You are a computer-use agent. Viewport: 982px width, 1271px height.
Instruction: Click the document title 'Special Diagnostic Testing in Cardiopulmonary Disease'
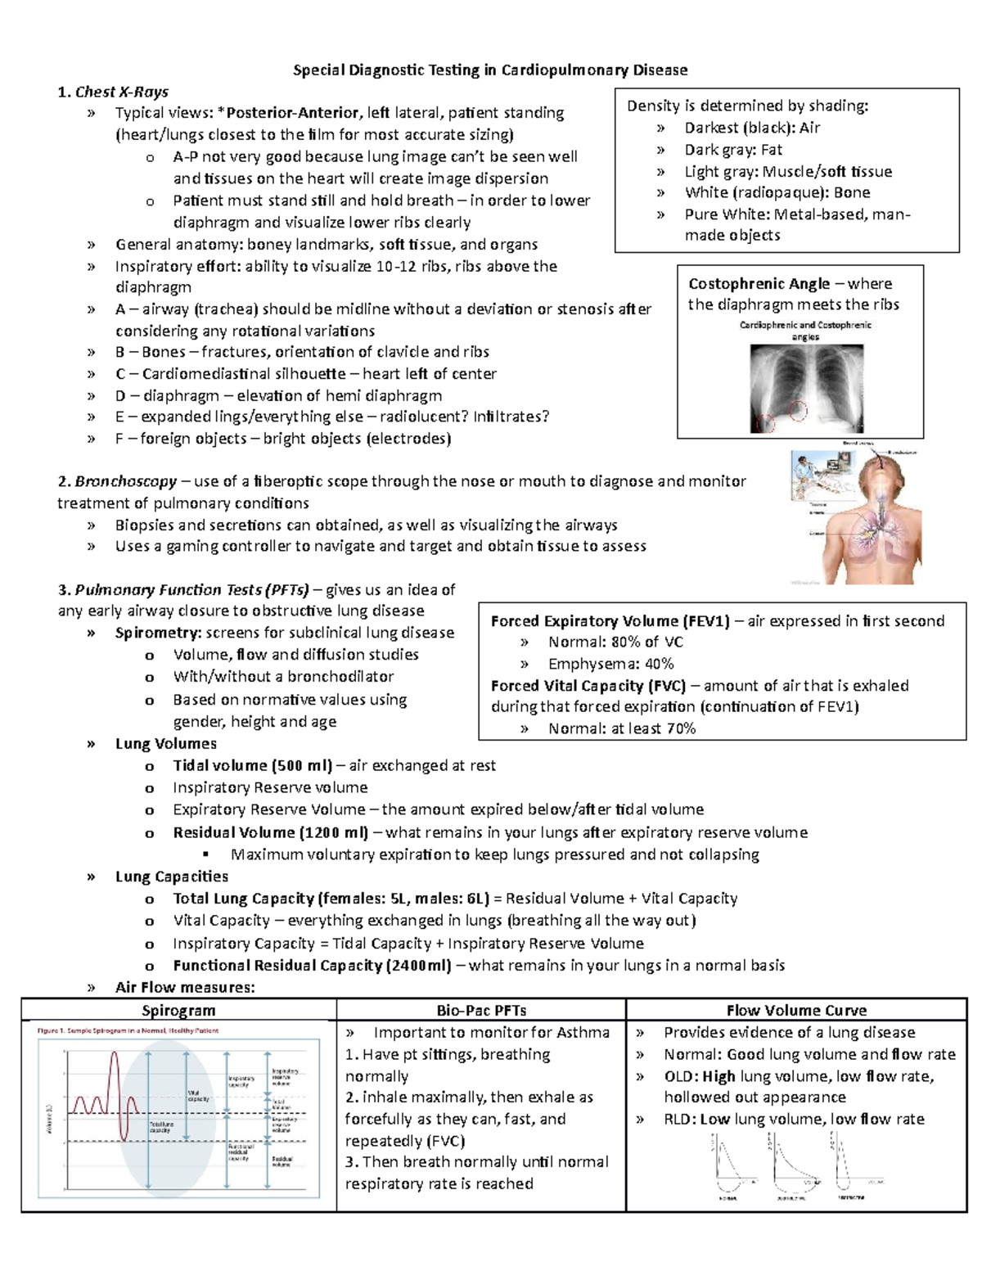pos(490,70)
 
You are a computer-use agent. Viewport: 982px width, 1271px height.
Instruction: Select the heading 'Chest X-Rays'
pos(121,92)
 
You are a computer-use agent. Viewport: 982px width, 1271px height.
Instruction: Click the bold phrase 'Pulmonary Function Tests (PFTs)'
pos(191,589)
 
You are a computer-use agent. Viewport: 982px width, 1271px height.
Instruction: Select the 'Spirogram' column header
pos(178,1010)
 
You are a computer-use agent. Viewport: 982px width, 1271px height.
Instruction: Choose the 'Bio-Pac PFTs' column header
pos(481,1010)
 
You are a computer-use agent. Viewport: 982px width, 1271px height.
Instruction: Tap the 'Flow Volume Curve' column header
pos(796,1010)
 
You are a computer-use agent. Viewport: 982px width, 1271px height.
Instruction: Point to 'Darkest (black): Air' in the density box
pos(751,128)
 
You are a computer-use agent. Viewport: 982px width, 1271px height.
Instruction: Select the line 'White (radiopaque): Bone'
pos(777,192)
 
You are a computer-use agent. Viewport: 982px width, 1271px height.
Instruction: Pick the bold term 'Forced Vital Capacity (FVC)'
pos(588,685)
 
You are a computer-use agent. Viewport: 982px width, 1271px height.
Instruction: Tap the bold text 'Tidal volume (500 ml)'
pos(252,765)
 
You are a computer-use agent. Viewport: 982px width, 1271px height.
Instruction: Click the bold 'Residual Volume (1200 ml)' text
pos(270,832)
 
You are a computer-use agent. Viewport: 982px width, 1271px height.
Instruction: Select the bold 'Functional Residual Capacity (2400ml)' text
pos(312,965)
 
